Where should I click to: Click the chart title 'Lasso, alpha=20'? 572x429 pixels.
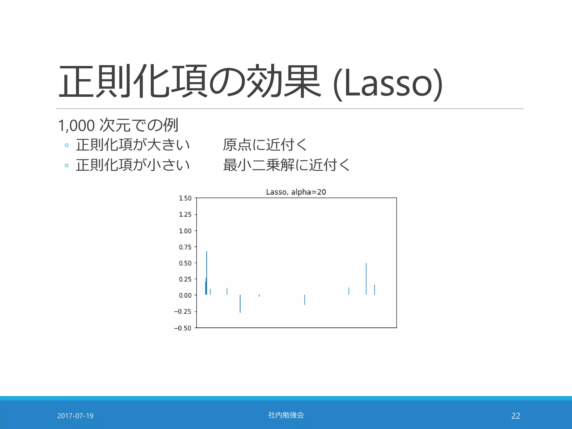click(x=296, y=192)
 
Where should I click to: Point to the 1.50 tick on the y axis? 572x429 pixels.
click(x=185, y=198)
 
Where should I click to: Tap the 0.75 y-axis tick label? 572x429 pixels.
click(x=185, y=247)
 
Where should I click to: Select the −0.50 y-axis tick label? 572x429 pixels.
click(x=183, y=328)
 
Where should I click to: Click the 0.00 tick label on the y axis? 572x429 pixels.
click(x=185, y=295)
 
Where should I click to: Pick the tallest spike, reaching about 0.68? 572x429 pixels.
click(x=207, y=268)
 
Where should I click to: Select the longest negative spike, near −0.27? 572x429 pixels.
click(x=240, y=304)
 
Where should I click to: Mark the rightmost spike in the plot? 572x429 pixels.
click(x=375, y=290)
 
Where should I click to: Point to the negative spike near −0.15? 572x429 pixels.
click(x=305, y=300)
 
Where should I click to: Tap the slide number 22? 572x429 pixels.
click(x=516, y=416)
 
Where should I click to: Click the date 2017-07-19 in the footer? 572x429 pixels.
click(x=75, y=416)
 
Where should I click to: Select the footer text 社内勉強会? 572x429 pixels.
click(x=286, y=415)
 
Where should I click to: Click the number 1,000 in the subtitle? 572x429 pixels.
click(x=76, y=125)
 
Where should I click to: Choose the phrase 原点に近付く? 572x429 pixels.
click(x=265, y=145)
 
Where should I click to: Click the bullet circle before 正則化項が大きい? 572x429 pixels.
click(x=66, y=145)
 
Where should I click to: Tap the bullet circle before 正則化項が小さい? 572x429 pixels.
click(x=66, y=165)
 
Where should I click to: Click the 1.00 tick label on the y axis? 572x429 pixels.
click(x=185, y=231)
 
